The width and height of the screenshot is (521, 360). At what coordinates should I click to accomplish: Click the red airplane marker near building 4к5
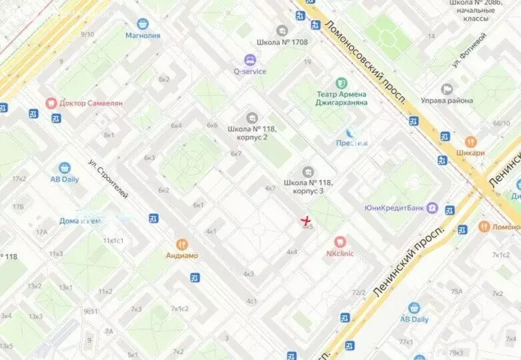[306, 220]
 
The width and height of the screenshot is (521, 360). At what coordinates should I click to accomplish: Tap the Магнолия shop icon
[142, 23]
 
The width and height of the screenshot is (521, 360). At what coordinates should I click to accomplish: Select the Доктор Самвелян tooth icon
[51, 103]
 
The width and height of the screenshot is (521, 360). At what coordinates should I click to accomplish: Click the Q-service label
[249, 71]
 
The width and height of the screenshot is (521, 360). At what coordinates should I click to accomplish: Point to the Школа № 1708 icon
[282, 31]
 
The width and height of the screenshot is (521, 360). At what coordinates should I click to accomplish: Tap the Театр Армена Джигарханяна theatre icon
[342, 83]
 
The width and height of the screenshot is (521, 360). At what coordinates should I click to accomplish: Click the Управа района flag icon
[447, 89]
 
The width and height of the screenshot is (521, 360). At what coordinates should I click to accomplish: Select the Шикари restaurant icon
[470, 141]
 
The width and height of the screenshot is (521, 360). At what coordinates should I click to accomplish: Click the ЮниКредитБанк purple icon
[432, 208]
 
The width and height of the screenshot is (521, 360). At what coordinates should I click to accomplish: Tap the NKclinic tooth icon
[340, 241]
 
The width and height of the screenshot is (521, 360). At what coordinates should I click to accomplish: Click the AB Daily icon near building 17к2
[65, 168]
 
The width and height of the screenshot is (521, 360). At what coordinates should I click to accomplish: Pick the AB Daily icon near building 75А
[414, 308]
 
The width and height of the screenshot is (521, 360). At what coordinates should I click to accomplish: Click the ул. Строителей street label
[108, 179]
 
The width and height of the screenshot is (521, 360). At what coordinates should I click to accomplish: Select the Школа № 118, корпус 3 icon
[308, 172]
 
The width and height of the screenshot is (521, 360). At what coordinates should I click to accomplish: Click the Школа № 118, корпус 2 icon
[251, 117]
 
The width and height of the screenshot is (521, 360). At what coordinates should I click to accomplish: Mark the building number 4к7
[270, 189]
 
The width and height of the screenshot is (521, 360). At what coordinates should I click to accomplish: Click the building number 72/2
[359, 293]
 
